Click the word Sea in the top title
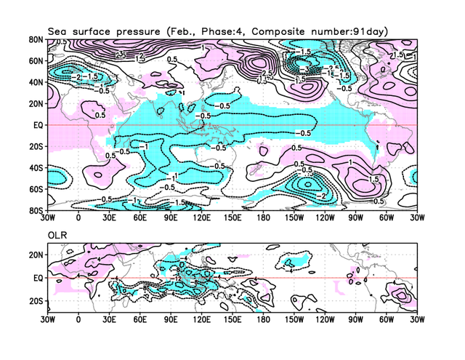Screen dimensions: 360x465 (x=58, y=31)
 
